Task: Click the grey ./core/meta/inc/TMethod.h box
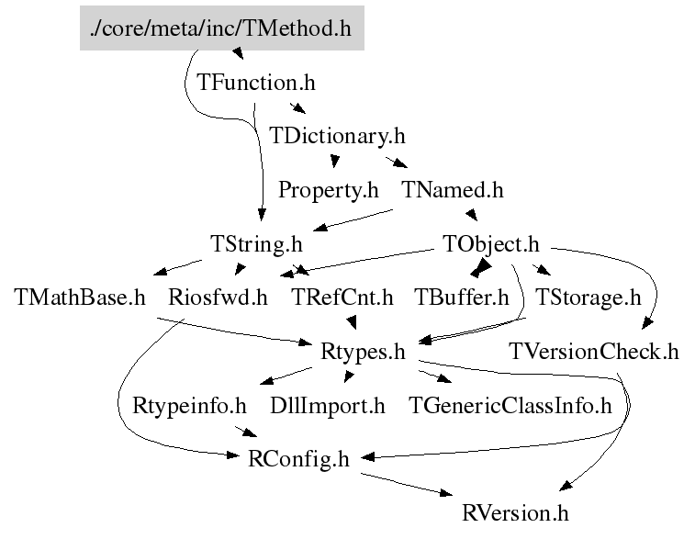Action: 221,28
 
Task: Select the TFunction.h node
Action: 256,82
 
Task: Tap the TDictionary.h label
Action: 337,136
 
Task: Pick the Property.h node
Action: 328,190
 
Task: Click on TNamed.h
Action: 453,190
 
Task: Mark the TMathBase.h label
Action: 81,298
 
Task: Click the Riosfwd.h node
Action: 219,298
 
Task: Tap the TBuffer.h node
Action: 461,298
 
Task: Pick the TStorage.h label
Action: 588,298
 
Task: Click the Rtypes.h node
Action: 364,352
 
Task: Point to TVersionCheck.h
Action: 594,352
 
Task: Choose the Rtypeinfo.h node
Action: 190,405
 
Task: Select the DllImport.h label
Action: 328,405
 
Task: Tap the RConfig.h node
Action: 299,459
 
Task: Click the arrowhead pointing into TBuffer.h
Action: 478,270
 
